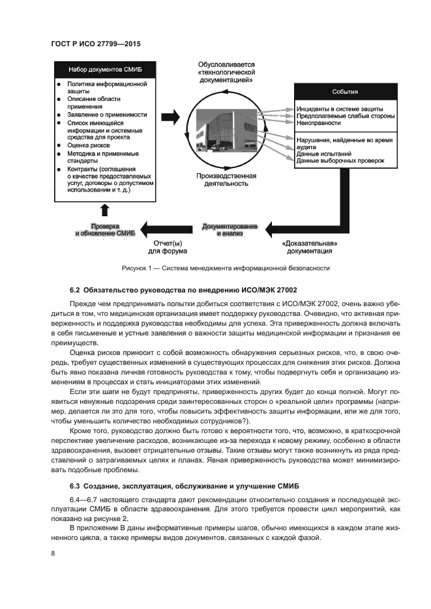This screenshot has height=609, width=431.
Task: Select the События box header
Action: click(345, 92)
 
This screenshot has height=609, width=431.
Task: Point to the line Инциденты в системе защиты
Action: click(338, 108)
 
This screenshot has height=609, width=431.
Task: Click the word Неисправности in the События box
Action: click(318, 122)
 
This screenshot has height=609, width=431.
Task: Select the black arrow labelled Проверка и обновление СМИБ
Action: click(105, 229)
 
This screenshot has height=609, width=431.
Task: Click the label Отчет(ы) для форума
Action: click(167, 247)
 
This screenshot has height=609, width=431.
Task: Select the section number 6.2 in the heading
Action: click(74, 289)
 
